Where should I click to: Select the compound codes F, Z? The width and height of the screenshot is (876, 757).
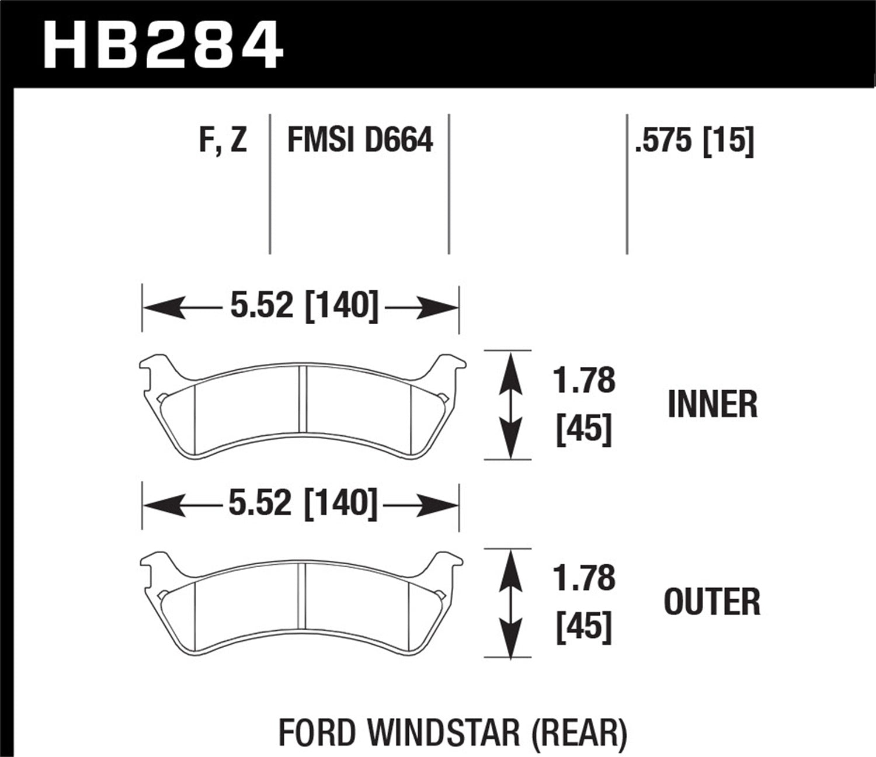tap(223, 141)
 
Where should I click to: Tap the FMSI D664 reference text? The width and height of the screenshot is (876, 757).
tap(360, 141)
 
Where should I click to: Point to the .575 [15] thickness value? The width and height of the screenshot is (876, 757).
tap(694, 141)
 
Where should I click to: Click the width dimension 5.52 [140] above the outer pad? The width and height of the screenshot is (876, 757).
tap(303, 503)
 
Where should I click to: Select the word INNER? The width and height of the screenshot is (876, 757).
tap(712, 404)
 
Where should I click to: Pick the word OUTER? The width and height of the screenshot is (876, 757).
tap(712, 602)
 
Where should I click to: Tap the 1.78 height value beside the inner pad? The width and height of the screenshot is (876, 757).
tap(584, 380)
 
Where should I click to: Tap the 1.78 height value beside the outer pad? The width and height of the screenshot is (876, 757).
tap(584, 578)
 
